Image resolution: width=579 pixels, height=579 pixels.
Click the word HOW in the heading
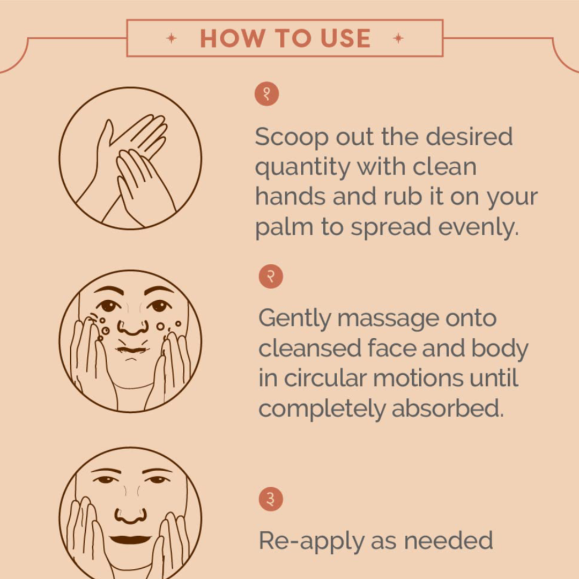pos(233,38)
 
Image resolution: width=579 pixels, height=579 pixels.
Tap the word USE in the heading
pos(345,38)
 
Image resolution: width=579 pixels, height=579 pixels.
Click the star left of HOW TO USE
pos(172,38)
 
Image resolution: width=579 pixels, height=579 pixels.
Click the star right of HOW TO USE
pos(398,38)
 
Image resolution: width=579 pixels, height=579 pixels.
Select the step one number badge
pos(266,94)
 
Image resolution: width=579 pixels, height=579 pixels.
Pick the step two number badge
pos(271,276)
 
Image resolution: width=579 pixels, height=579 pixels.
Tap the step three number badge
pos(271,499)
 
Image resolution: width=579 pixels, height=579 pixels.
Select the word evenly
pos(479,227)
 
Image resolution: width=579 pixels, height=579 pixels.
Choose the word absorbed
pos(448,409)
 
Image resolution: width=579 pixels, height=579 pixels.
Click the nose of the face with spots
pos(133,326)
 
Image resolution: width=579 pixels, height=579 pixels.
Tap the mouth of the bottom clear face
pos(130,539)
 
